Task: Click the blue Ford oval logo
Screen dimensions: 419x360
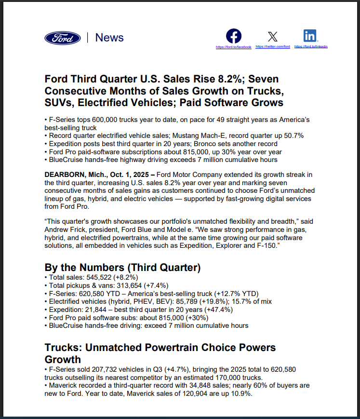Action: (63, 38)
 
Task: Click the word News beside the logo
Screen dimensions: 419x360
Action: (109, 38)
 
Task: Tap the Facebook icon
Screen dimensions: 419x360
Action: (234, 36)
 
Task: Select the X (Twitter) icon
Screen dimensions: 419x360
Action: (273, 36)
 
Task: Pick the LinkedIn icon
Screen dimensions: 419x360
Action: (310, 36)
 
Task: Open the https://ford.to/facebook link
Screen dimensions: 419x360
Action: (234, 47)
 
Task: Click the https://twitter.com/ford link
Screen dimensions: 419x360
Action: (273, 47)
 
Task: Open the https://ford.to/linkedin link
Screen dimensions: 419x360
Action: (311, 47)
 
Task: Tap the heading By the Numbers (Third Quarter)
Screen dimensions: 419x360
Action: (122, 268)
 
